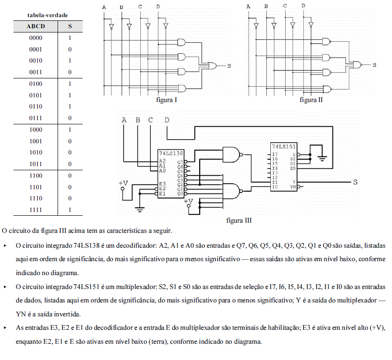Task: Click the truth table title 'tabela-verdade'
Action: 47,15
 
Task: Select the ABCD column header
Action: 36,26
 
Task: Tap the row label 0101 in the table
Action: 36,95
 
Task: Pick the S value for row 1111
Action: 70,210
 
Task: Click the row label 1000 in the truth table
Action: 36,129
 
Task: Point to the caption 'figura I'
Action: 166,100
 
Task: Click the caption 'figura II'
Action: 311,100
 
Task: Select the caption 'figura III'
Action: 239,220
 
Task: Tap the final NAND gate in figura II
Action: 357,65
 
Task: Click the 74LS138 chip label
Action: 171,153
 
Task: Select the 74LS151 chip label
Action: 284,146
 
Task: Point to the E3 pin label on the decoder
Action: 162,184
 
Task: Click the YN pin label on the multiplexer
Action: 293,187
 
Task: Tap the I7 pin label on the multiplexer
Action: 275,154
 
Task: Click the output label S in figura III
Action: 355,182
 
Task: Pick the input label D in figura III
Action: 167,120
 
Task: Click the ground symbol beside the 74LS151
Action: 322,158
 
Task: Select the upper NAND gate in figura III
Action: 233,155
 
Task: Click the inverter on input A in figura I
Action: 111,26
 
